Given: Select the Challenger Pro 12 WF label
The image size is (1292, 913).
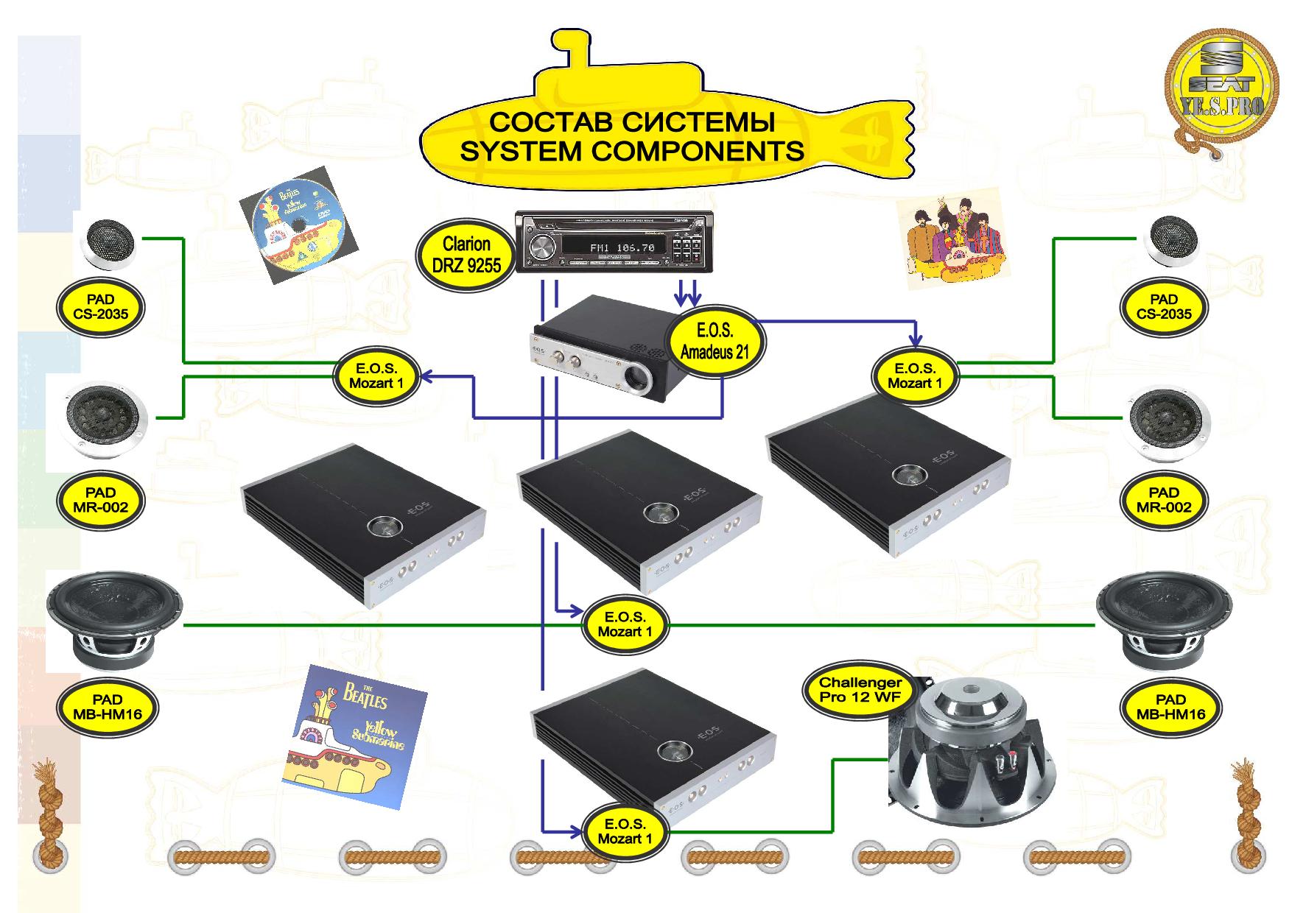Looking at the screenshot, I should pos(860,690).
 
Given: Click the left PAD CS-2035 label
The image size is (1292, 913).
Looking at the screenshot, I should pos(100,307).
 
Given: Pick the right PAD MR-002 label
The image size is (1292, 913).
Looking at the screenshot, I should pos(1164,500).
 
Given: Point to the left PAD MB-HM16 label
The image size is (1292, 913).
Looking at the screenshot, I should pos(108,707).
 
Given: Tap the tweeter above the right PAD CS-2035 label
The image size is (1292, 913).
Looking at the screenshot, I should pos(1172,241).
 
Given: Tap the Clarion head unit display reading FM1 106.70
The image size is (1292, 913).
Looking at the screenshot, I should pos(622,248).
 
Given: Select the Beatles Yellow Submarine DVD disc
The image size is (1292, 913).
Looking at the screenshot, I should pos(298,224).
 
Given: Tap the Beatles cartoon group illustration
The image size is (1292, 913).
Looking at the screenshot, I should pos(953,243).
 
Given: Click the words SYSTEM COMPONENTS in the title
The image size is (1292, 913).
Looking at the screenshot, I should pos(631,152).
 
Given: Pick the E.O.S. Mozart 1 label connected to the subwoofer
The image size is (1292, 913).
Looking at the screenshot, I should pos(625,831).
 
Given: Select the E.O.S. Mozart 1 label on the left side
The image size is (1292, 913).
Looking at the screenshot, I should pos(376,376).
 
